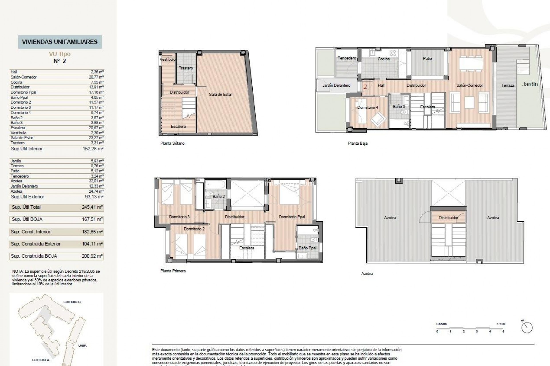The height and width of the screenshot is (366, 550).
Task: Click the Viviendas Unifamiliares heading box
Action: pyautogui.click(x=60, y=42)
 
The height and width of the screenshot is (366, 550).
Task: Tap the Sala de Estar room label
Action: pyautogui.click(x=220, y=94)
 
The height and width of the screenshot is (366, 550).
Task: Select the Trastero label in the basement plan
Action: pyautogui.click(x=186, y=68)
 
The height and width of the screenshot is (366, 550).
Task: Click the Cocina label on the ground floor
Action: pyautogui.click(x=384, y=59)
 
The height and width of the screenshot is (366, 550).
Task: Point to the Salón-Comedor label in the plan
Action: pyautogui.click(x=470, y=85)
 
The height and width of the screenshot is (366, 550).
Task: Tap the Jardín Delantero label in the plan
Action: pyautogui.click(x=336, y=85)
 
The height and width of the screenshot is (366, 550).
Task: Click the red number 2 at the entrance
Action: pyautogui.click(x=365, y=87)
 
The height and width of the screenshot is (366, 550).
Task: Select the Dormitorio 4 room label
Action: pyautogui.click(x=368, y=107)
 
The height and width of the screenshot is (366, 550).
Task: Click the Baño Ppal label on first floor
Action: pyautogui.click(x=307, y=248)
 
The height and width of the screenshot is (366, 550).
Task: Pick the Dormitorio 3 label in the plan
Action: pyautogui.click(x=179, y=217)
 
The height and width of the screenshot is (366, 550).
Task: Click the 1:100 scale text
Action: pyautogui.click(x=501, y=324)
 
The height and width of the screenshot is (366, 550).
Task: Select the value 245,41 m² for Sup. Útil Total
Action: pyautogui.click(x=92, y=207)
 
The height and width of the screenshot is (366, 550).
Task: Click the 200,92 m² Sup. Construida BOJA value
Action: pyautogui.click(x=92, y=256)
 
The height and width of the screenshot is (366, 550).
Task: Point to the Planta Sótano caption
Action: pyautogui.click(x=172, y=143)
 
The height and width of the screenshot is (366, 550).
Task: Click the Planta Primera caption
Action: pyautogui.click(x=173, y=271)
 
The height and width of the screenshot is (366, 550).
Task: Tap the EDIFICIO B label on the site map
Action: pyautogui.click(x=72, y=302)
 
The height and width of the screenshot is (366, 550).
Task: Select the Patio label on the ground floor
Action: pyautogui.click(x=427, y=58)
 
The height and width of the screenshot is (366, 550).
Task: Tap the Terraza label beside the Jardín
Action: pyautogui.click(x=508, y=85)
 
